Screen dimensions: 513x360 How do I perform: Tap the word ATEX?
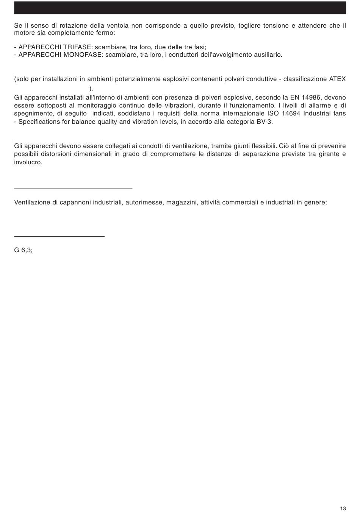click(337, 79)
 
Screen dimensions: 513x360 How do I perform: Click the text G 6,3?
click(23, 250)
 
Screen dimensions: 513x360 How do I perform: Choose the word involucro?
click(28, 162)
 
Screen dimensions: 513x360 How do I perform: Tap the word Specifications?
click(39, 122)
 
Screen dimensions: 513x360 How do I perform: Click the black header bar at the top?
click(180, 8)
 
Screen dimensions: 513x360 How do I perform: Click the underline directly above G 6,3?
click(59, 236)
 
